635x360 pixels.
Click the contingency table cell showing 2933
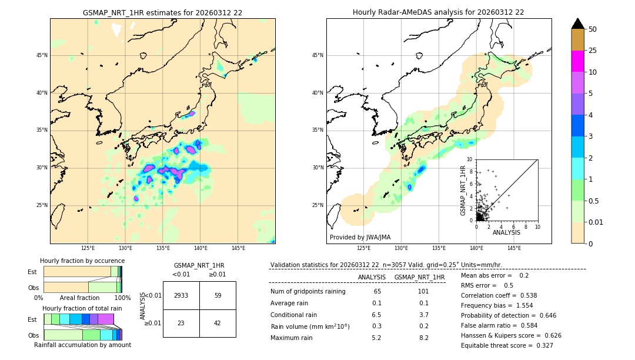tap(181, 295)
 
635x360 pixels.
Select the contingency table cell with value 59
tap(218, 295)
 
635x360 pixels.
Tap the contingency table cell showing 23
tap(181, 323)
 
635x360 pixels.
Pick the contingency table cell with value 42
tap(218, 323)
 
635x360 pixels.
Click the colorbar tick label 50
tap(593, 29)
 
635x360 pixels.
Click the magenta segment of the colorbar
tap(577, 61)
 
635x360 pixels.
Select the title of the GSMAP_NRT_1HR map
tap(162, 12)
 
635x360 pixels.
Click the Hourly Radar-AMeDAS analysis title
tap(438, 12)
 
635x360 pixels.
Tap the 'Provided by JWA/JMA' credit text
tap(360, 237)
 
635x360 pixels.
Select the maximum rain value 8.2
tap(423, 338)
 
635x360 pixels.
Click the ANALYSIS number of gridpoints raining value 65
tap(377, 291)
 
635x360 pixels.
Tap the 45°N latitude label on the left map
tap(42, 55)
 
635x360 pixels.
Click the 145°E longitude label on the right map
tap(514, 248)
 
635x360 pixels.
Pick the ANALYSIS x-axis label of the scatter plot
tap(506, 232)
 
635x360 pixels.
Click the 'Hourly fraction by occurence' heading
tap(82, 261)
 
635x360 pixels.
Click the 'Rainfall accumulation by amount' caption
tap(82, 345)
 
